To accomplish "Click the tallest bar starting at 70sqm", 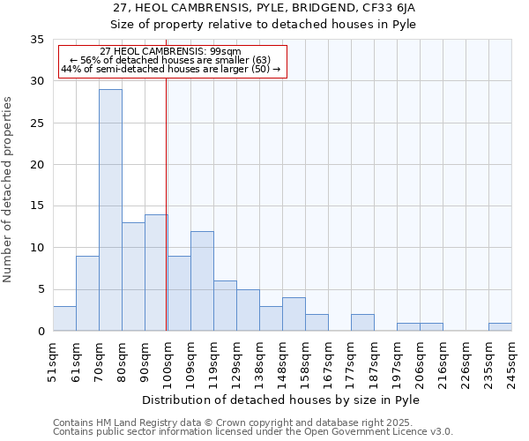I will [x=110, y=210].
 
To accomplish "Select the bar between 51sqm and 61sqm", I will [x=64, y=318].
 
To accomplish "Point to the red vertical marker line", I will [x=167, y=203].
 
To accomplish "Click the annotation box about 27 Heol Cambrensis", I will [x=173, y=61].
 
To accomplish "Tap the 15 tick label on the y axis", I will [x=37, y=206].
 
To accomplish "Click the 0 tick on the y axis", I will [x=41, y=331].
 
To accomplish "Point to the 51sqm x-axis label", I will [x=53, y=361].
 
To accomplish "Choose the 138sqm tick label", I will [x=259, y=361].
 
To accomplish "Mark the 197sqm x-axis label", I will [x=397, y=361].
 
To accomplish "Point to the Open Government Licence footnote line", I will [x=253, y=432].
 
